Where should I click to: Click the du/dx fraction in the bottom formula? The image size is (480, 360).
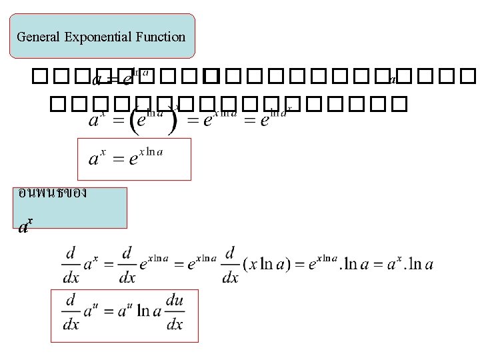[x=174, y=312]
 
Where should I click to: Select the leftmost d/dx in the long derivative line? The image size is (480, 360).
[x=70, y=264]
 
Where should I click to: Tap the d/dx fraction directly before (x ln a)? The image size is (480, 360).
[x=230, y=264]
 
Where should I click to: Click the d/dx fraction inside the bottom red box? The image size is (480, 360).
[x=70, y=312]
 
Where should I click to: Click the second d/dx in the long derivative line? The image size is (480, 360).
[x=127, y=264]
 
